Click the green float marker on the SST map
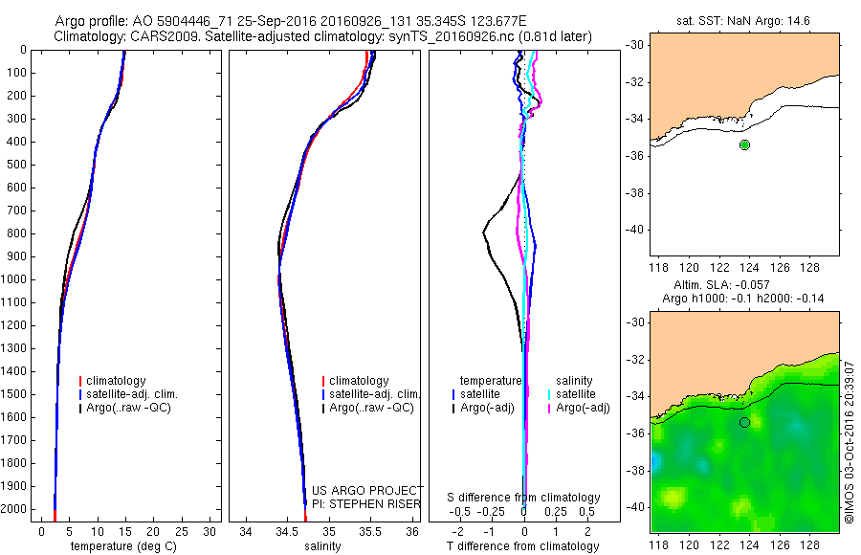[x=744, y=144]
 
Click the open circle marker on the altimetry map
[x=744, y=422]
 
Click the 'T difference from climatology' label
[x=523, y=546]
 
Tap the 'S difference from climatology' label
[x=523, y=498]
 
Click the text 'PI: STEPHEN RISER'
[x=367, y=502]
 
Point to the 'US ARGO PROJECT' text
[x=367, y=490]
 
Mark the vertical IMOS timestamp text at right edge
[x=849, y=440]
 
